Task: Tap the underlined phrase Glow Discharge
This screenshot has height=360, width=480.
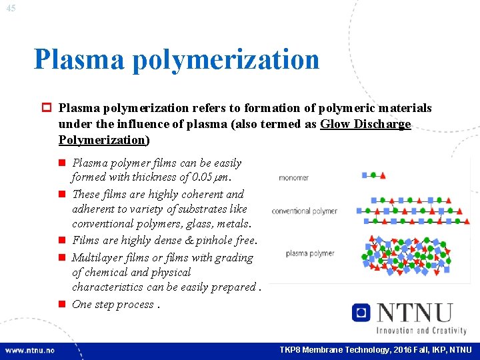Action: [x=365, y=124]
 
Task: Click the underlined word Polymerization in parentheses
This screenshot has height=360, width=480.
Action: [x=102, y=140]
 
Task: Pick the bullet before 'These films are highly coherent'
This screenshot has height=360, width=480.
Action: [x=61, y=195]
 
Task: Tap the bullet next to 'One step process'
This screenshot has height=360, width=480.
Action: [x=61, y=305]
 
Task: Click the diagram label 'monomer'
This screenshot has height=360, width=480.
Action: [x=293, y=178]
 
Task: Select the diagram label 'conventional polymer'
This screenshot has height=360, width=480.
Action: [x=304, y=211]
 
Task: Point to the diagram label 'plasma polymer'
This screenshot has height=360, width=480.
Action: [x=310, y=253]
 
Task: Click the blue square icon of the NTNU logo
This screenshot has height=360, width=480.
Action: [x=361, y=313]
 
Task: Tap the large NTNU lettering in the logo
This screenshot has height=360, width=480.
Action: [x=414, y=313]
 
